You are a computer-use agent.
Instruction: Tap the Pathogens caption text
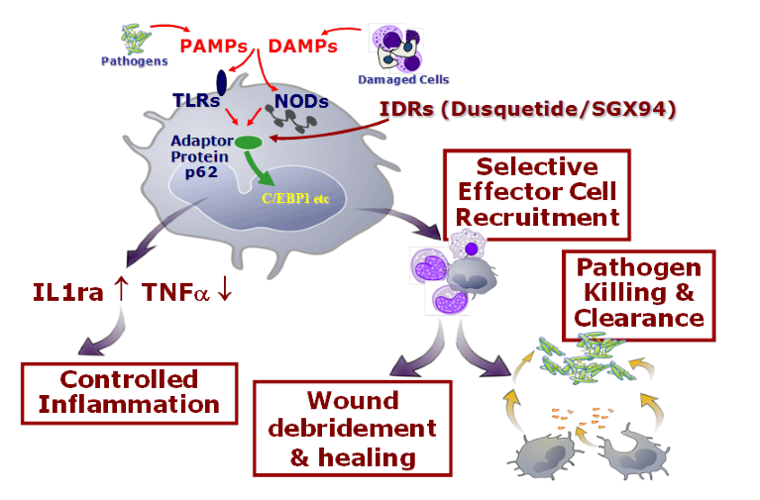134,60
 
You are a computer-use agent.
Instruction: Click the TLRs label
202,100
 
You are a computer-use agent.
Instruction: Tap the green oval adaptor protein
248,143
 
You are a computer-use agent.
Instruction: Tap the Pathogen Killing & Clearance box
639,292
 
